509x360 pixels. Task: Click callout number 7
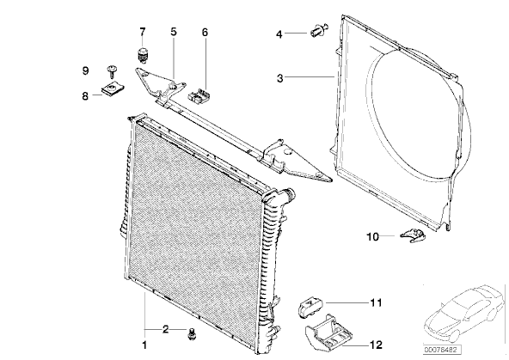pyautogui.click(x=143, y=32)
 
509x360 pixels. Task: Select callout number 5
pyautogui.click(x=174, y=32)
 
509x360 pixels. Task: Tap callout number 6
pyautogui.click(x=205, y=33)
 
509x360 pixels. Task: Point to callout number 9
pyautogui.click(x=85, y=70)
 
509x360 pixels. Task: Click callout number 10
pyautogui.click(x=372, y=237)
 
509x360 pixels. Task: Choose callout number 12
pyautogui.click(x=377, y=345)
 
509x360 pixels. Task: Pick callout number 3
pyautogui.click(x=279, y=78)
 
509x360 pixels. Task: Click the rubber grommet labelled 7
pyautogui.click(x=142, y=55)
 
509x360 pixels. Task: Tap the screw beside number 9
pyautogui.click(x=112, y=71)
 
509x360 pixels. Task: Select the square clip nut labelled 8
pyautogui.click(x=113, y=88)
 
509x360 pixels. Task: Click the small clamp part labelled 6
pyautogui.click(x=199, y=95)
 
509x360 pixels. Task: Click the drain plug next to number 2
pyautogui.click(x=192, y=333)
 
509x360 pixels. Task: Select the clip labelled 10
pyautogui.click(x=413, y=235)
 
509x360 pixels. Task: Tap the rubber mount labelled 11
pyautogui.click(x=310, y=306)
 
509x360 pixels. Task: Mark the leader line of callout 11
pyautogui.click(x=347, y=302)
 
